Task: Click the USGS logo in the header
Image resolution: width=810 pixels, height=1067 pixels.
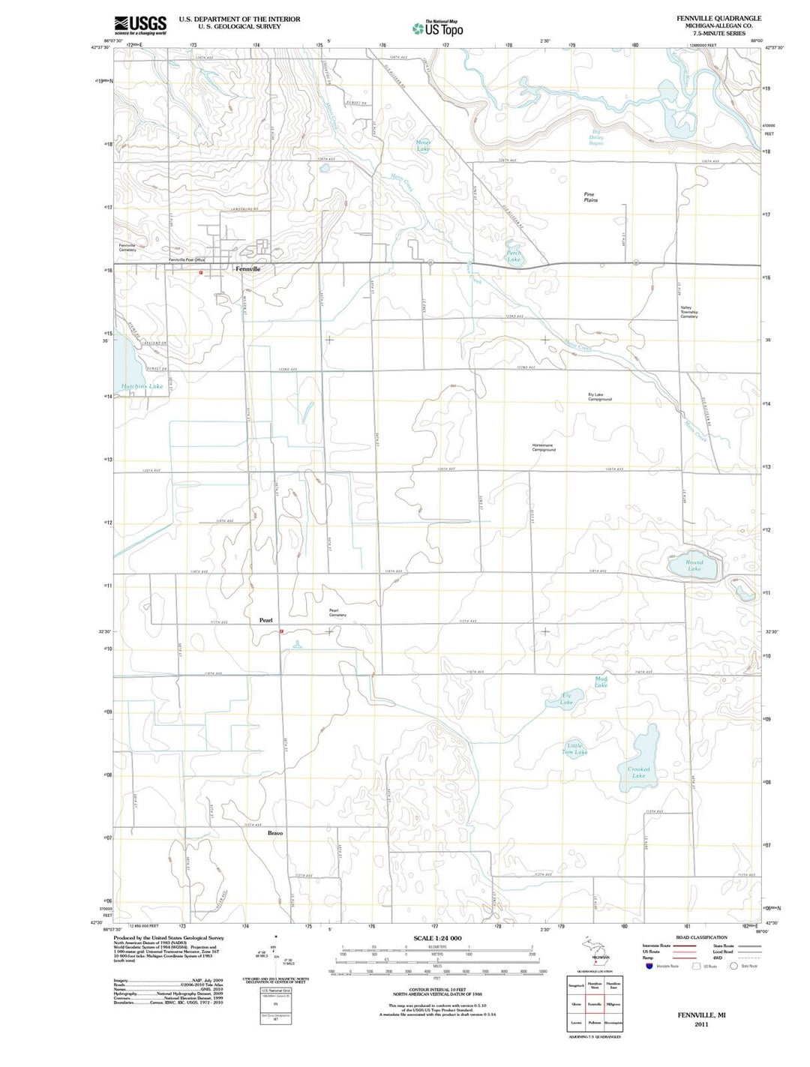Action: pos(140,25)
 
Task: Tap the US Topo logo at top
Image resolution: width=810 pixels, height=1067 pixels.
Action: pos(437,28)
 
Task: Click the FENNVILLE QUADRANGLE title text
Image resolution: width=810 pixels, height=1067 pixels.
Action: pos(718,18)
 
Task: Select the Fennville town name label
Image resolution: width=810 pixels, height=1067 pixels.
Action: pos(247,268)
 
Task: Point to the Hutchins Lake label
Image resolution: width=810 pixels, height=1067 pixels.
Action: pos(142,387)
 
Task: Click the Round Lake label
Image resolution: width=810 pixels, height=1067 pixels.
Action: pos(694,565)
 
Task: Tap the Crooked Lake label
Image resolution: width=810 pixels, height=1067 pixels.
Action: pos(638,772)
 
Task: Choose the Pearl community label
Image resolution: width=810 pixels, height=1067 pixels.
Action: pos(265,620)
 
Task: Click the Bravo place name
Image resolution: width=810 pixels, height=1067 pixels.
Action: pos(275,833)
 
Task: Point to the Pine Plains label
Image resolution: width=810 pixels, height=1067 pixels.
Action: pos(591,197)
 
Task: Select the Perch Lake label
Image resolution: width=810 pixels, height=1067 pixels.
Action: pos(514,256)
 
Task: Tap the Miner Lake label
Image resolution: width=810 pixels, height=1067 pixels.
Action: pos(424,145)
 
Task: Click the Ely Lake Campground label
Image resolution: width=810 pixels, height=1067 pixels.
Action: pos(599,397)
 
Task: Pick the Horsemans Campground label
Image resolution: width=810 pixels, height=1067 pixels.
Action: pos(544,448)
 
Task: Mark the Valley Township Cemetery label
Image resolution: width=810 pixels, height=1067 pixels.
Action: pos(688,312)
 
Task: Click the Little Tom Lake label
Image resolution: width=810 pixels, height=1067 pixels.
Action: pos(575,748)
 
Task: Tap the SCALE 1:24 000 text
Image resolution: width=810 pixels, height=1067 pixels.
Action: pos(437,938)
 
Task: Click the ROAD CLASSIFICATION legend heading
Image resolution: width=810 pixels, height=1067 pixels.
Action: pos(701,937)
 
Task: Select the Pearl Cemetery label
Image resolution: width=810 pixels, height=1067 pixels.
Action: pos(337,613)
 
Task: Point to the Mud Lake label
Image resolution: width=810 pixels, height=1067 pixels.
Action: pos(601,682)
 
